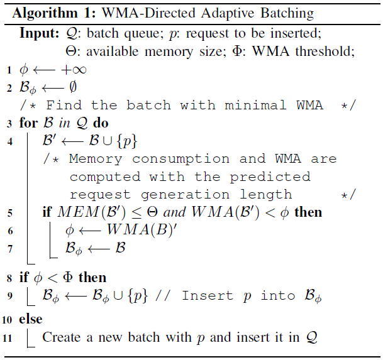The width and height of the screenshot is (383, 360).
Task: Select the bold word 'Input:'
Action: (38, 33)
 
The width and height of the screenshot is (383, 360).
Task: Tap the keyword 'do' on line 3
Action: (102, 123)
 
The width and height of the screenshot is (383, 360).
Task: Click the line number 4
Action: (9, 141)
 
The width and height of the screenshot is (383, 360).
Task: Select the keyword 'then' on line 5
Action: (308, 212)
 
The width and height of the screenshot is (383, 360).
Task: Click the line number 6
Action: (9, 230)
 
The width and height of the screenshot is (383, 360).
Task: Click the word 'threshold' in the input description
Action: (326, 52)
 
